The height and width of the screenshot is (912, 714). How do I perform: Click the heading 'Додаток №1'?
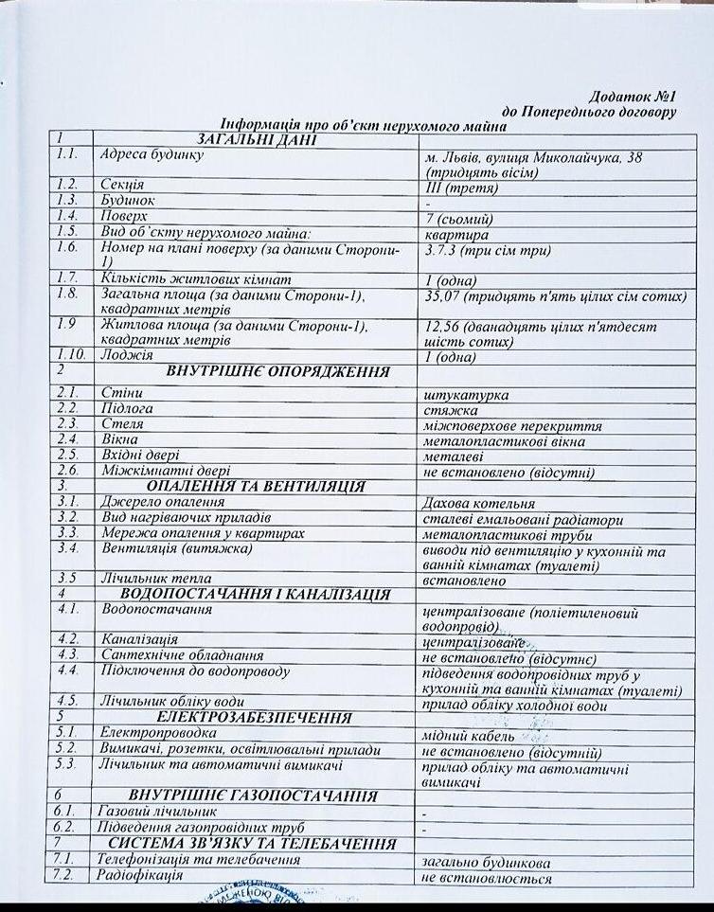pyautogui.click(x=631, y=97)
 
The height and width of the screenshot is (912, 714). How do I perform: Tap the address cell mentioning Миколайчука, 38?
pyautogui.click(x=533, y=165)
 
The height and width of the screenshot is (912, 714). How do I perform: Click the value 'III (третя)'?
pyautogui.click(x=462, y=188)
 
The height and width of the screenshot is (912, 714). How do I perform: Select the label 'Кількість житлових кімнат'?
pyautogui.click(x=181, y=277)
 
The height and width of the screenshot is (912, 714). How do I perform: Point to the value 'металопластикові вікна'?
pyautogui.click(x=504, y=441)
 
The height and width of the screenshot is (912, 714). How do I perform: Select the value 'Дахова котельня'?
pyautogui.click(x=478, y=504)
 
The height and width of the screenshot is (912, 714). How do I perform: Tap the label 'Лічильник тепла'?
pyautogui.click(x=156, y=578)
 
